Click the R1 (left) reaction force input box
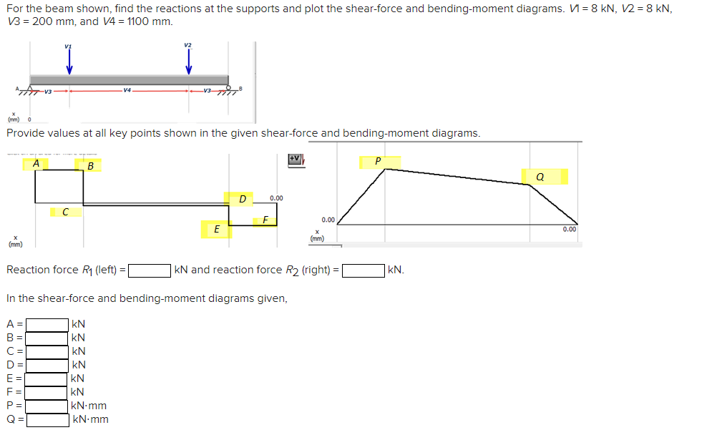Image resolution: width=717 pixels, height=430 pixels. tap(149, 270)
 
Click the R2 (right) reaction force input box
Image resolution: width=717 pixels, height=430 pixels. tap(364, 270)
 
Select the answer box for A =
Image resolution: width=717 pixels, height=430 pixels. tap(47, 324)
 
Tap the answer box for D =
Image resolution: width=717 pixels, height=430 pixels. tap(47, 365)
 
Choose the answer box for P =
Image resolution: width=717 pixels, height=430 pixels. tap(47, 406)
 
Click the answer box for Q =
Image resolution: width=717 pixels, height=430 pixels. tap(47, 419)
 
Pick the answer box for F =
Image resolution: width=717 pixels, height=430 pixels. tap(47, 392)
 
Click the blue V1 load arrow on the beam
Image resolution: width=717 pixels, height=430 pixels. tap(69, 63)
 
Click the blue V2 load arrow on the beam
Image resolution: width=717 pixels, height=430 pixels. tap(188, 63)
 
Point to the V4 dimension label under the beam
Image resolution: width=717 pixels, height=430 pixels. tap(127, 91)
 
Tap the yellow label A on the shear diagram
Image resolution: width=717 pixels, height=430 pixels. tap(36, 163)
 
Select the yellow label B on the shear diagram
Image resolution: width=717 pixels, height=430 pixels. tap(89, 166)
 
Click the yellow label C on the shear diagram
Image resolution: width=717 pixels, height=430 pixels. tap(65, 212)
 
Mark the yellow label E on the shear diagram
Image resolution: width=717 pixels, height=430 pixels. tap(216, 230)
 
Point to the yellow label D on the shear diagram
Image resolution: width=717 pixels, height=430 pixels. tap(242, 198)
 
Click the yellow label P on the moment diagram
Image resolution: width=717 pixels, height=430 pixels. tap(379, 162)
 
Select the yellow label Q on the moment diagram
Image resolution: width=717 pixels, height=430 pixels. tap(540, 176)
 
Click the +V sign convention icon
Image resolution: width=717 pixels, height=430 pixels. tap(296, 158)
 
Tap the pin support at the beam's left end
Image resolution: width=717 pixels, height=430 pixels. tap(31, 88)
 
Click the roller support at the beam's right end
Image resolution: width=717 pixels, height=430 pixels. tap(228, 87)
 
